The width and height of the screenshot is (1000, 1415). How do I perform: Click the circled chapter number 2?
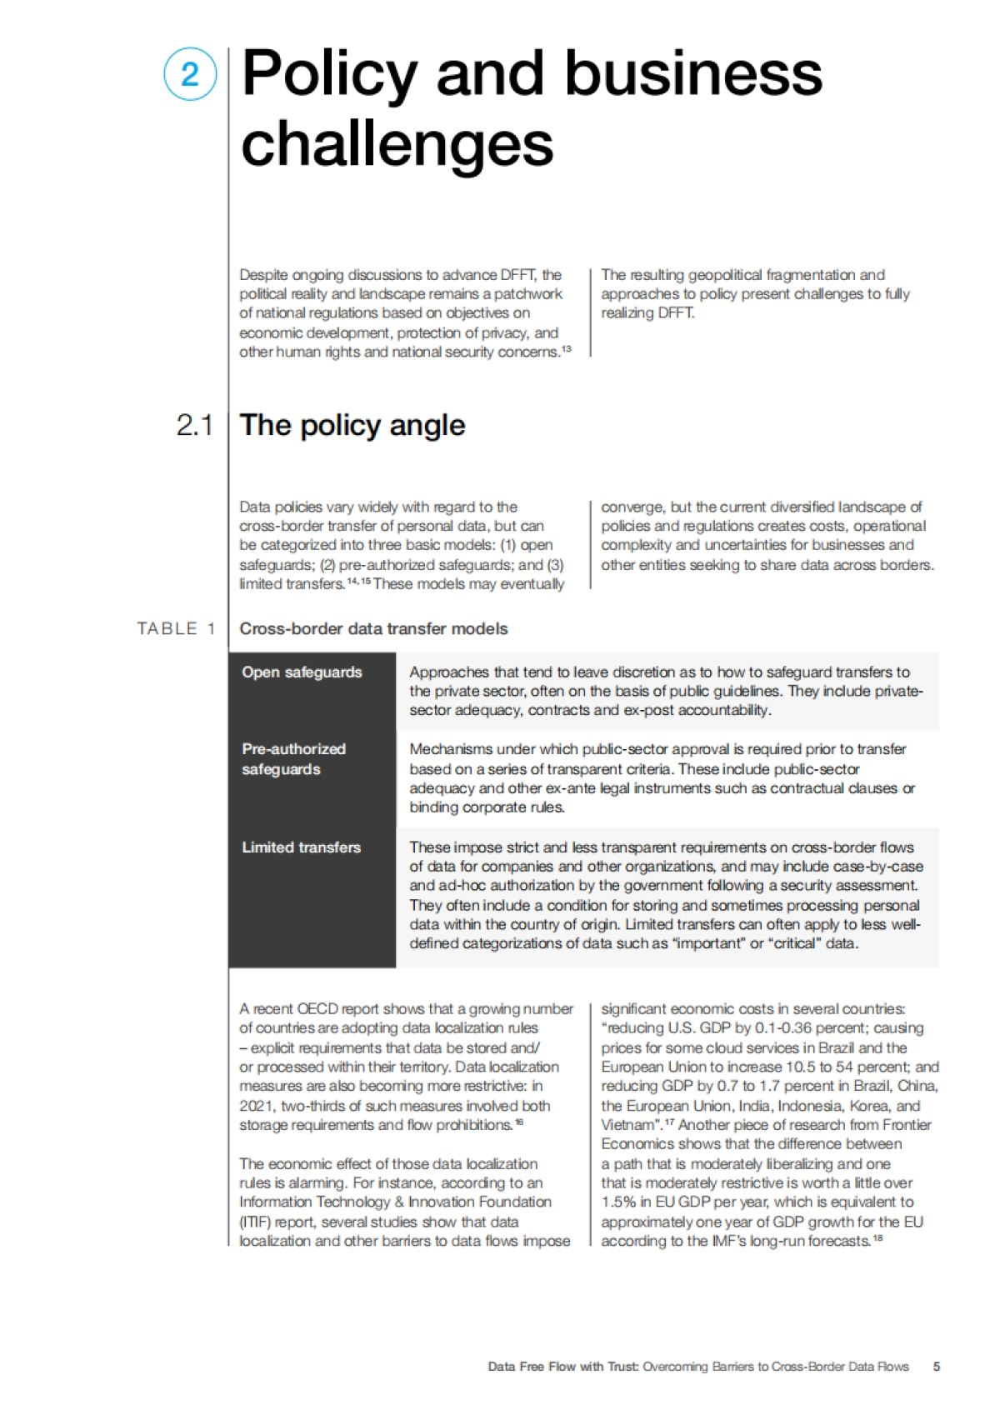coord(190,74)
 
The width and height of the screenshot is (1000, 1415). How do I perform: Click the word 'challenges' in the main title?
coord(397,143)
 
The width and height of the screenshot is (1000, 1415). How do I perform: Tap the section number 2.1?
coord(194,426)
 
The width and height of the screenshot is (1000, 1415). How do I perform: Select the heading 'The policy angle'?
coord(352,426)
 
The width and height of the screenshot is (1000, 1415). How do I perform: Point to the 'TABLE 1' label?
coord(176,629)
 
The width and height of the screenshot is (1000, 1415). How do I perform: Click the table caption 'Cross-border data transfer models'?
coord(373,629)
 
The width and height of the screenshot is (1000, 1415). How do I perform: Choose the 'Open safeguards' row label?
coord(302,672)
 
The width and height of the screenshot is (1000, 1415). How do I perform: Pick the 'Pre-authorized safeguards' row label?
coord(293,759)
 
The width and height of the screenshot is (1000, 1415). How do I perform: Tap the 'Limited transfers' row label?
coord(301,847)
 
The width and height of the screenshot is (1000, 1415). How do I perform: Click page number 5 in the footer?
coord(937,1367)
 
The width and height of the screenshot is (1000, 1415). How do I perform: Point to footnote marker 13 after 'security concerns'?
coord(567,349)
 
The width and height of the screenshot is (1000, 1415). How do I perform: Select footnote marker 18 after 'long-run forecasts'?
coord(877,1238)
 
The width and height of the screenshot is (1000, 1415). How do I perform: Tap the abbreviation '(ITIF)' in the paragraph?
coord(255,1222)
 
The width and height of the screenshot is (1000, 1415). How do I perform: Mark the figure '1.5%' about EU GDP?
coord(618,1202)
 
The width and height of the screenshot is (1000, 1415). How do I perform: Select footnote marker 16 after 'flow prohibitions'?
coord(519,1122)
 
